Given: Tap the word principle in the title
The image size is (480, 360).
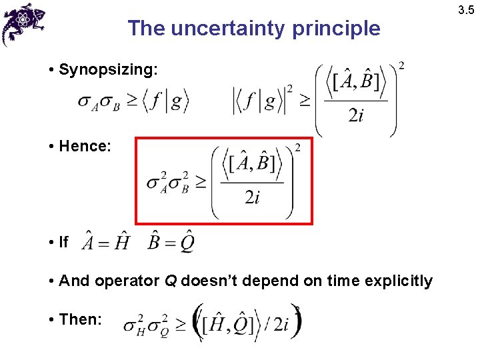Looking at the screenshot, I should pyautogui.click(x=343, y=29).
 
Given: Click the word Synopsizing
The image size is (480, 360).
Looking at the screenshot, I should pyautogui.click(x=108, y=69).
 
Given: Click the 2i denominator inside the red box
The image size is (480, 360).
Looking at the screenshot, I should pyautogui.click(x=251, y=198).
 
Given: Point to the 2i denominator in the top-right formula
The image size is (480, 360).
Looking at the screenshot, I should pyautogui.click(x=356, y=116).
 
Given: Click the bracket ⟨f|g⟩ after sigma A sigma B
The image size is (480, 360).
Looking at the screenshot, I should pyautogui.click(x=167, y=101).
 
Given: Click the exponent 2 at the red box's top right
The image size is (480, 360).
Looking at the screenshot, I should pyautogui.click(x=297, y=148).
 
